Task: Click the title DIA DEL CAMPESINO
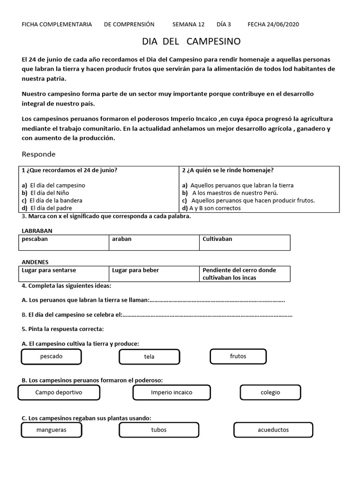click(191, 42)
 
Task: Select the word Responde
click(38, 154)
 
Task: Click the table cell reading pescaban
click(65, 242)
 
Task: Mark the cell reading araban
click(154, 242)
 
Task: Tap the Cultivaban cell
click(244, 242)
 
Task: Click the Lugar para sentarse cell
click(65, 274)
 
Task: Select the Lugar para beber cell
click(154, 274)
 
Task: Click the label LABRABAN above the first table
click(37, 231)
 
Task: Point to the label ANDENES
click(35, 262)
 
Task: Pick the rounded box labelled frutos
click(238, 356)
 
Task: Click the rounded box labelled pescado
click(51, 357)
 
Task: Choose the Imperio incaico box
click(172, 392)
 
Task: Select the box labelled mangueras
click(51, 430)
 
